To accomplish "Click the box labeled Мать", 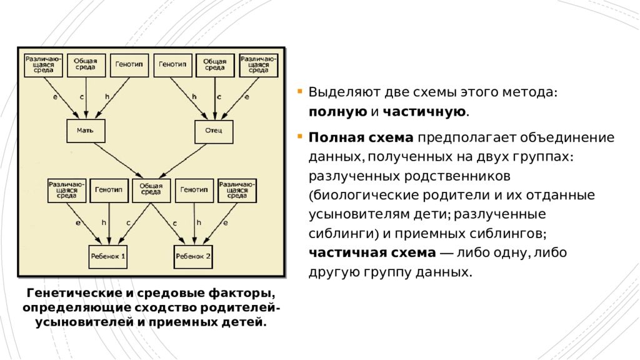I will pos(86,131).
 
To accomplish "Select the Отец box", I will pos(214,131).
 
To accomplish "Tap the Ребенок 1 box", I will pos(107,256).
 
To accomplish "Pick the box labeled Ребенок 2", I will pos(193,256).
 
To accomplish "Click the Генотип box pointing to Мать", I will pos(129,64).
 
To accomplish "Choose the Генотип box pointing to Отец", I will pos(172,64).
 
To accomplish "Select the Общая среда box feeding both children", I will pos(151,189).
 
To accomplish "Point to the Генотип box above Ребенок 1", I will pos(109,189).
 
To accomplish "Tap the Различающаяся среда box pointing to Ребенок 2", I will pos(237,189).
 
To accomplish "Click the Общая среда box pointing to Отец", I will pos(215,64).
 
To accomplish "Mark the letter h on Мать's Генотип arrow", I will pos(107,97).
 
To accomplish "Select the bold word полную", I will pos(337,112).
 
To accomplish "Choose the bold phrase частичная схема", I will pos(372,253).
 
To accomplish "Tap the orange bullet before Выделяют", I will pos(301,91).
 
